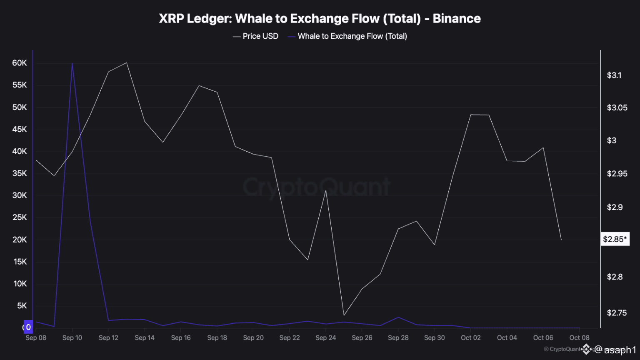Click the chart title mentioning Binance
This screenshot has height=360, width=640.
[x=320, y=19]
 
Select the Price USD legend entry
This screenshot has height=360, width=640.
[x=255, y=36]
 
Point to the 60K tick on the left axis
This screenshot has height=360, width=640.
[x=20, y=63]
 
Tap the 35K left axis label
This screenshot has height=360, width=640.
[x=20, y=173]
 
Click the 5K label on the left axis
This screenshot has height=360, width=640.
[x=22, y=306]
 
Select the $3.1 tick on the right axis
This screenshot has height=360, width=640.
[x=614, y=75]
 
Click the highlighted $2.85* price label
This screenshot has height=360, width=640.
[x=615, y=239]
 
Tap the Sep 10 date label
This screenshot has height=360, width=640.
[x=72, y=337]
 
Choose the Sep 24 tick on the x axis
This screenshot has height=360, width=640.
[x=325, y=337]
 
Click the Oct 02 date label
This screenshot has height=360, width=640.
[x=470, y=337]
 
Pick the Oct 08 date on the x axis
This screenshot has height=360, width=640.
[x=579, y=337]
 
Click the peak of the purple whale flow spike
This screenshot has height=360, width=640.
[x=72, y=63]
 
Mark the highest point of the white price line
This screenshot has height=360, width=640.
[x=126, y=63]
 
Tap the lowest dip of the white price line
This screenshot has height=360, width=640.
[x=344, y=315]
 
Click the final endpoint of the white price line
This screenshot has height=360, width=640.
[x=561, y=240]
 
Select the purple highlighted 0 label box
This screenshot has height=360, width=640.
[x=28, y=327]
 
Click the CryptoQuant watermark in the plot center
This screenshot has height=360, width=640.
[x=317, y=187]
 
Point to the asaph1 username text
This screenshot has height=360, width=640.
[x=620, y=350]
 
